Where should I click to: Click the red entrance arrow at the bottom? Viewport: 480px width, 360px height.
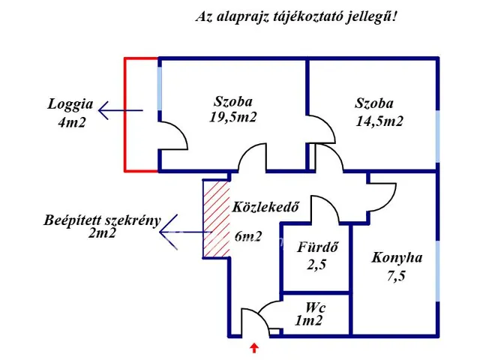pyautogui.click(x=255, y=347)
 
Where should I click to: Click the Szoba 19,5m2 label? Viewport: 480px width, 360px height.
pyautogui.click(x=233, y=109)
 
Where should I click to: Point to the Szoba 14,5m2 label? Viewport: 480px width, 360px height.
pyautogui.click(x=379, y=112)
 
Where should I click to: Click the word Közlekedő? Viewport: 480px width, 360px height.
pyautogui.click(x=261, y=207)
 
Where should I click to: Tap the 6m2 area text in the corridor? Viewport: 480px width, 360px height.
pyautogui.click(x=247, y=236)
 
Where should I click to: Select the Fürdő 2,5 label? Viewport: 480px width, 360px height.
pyautogui.click(x=315, y=255)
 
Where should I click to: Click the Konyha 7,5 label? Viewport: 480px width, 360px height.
pyautogui.click(x=397, y=265)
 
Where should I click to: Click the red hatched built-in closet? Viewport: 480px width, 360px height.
pyautogui.click(x=215, y=219)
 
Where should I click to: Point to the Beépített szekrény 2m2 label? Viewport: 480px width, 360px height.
pyautogui.click(x=102, y=226)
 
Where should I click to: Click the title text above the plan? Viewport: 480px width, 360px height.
pyautogui.click(x=295, y=16)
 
